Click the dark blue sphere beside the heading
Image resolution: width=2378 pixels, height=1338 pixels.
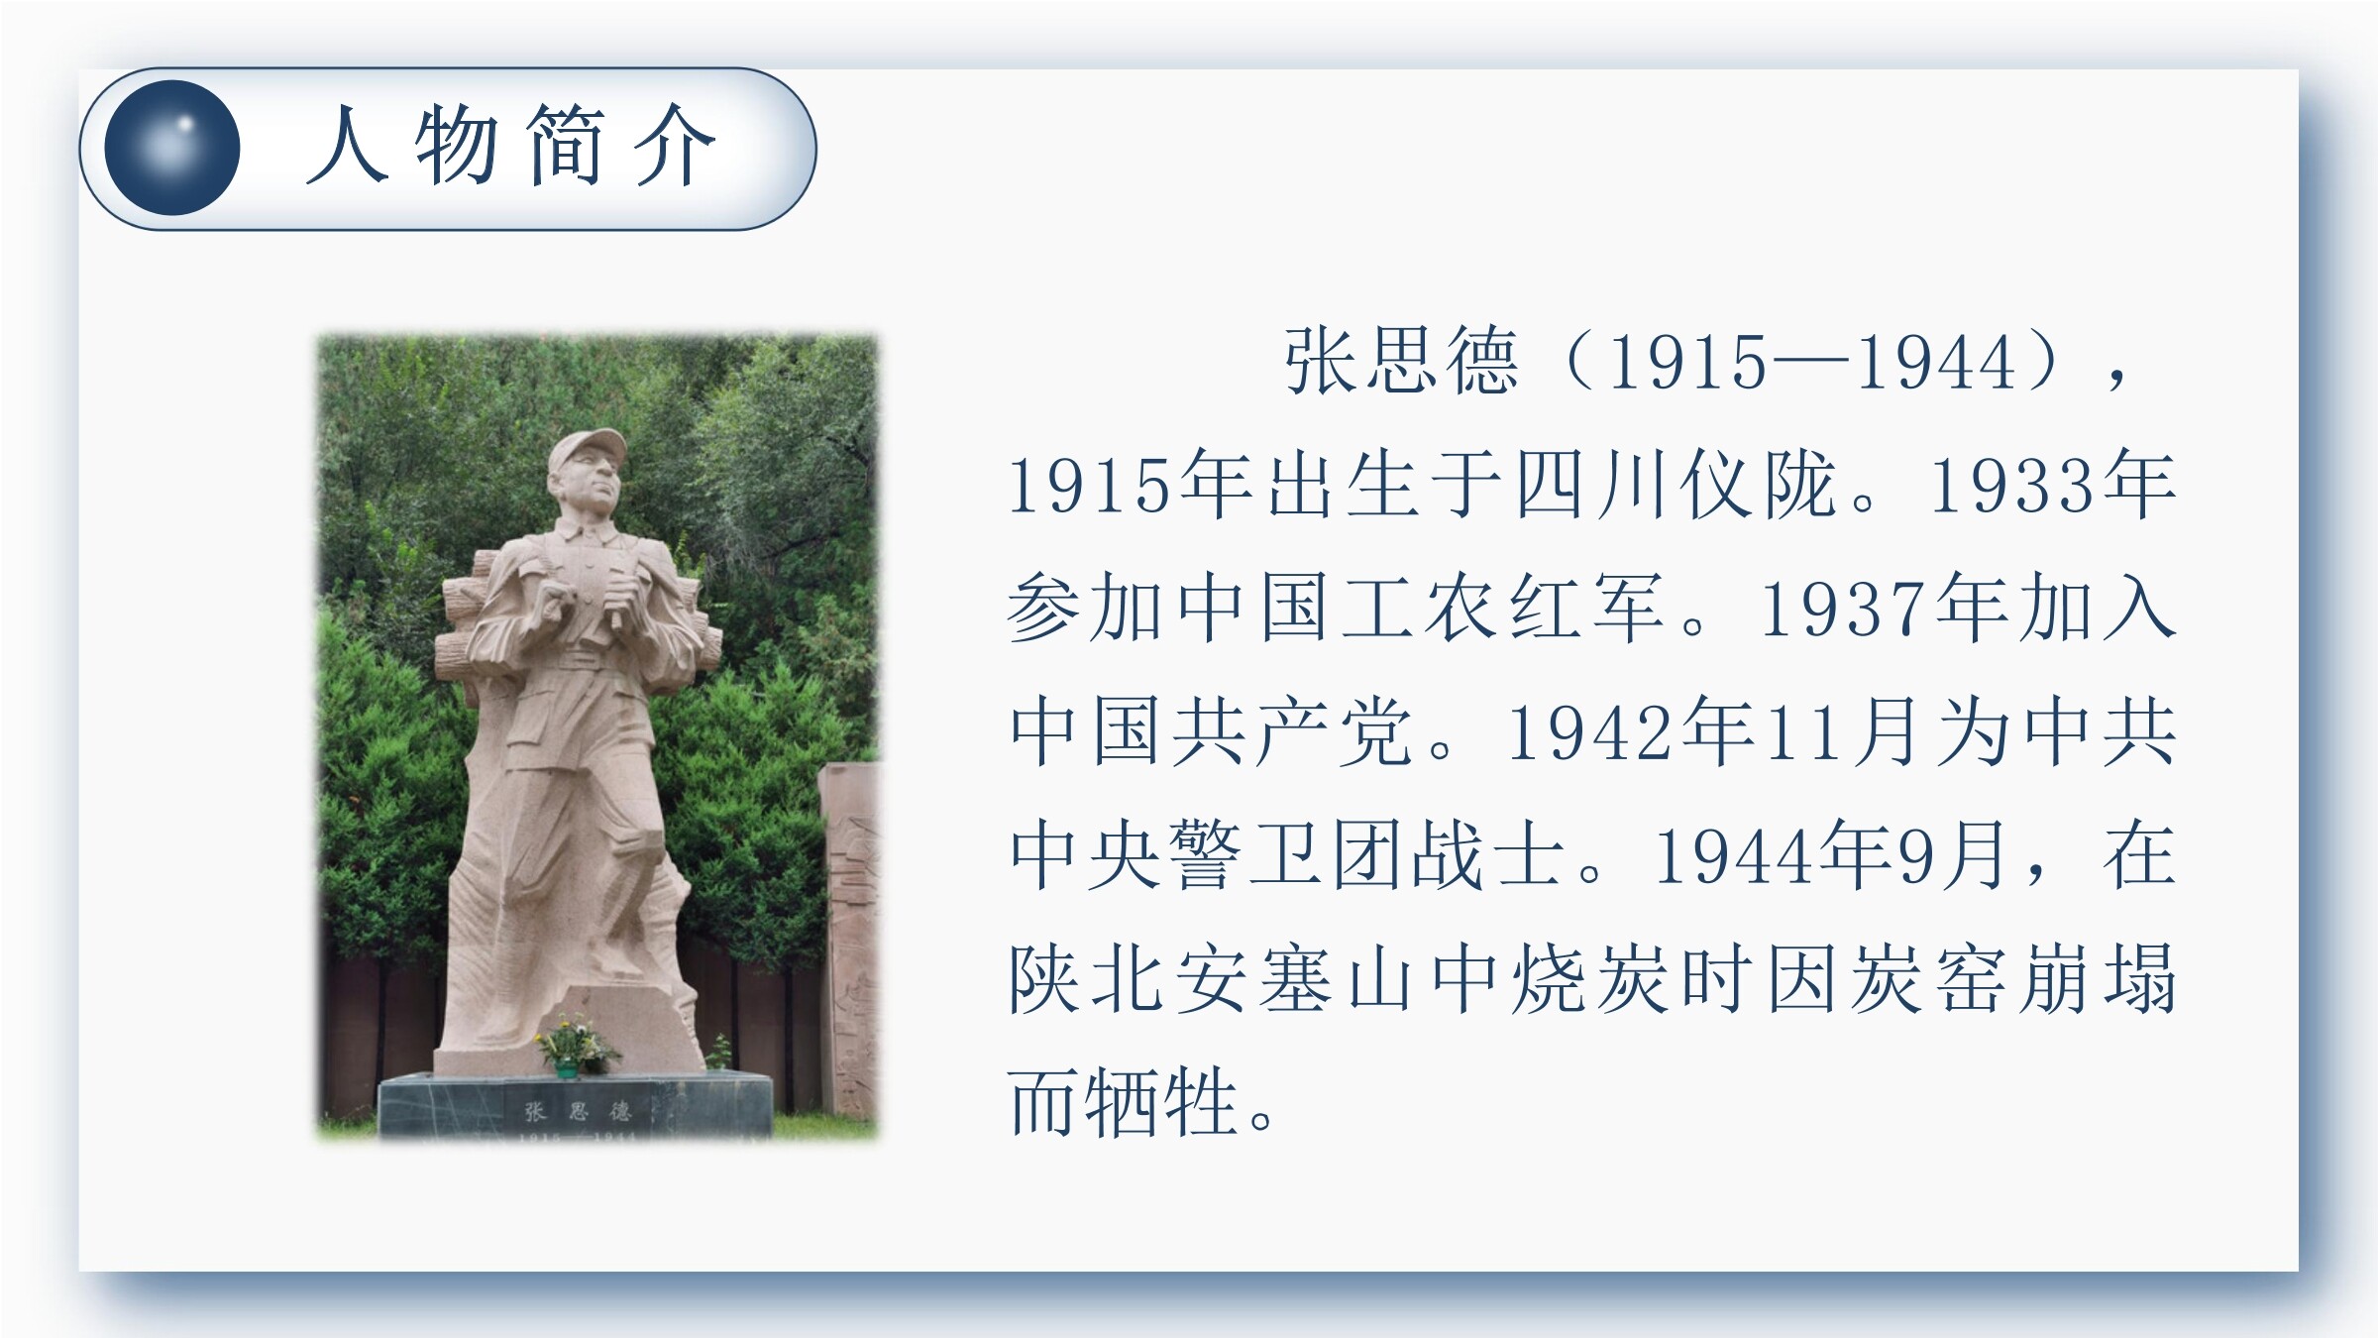[x=172, y=148]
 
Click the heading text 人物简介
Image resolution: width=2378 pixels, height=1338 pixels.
[x=510, y=147]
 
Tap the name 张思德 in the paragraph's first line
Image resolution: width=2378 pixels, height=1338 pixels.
[x=1401, y=362]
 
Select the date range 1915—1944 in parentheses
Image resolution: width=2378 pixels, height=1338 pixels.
[x=1812, y=363]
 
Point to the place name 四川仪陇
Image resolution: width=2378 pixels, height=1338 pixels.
[x=1674, y=485]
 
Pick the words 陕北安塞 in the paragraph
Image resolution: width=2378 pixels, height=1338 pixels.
[x=1170, y=978]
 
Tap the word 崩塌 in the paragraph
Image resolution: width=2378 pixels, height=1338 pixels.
[x=2097, y=978]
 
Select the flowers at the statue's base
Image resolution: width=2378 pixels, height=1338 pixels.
[x=572, y=1043]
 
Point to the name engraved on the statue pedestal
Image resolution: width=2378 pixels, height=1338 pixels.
[x=577, y=1110]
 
